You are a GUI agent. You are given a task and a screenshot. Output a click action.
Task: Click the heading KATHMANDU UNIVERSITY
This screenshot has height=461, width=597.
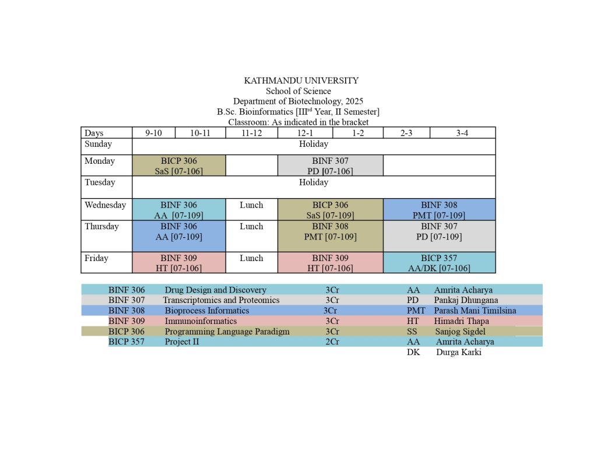[301, 80]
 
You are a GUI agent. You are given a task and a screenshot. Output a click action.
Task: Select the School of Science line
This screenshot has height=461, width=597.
[298, 91]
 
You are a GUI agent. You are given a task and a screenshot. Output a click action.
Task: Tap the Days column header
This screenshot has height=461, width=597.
[94, 133]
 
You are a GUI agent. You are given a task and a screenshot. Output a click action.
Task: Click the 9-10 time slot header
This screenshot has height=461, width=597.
[153, 133]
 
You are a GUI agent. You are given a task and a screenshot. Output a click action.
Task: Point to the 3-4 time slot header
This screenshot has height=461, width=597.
[462, 133]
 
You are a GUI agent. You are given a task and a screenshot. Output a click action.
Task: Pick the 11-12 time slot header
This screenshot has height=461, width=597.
[251, 133]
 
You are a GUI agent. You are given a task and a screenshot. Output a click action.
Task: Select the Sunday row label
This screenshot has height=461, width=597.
[99, 144]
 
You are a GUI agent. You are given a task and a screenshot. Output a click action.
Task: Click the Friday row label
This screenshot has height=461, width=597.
[96, 258]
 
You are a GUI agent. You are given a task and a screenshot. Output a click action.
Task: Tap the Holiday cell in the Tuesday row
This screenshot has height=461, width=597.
[313, 182]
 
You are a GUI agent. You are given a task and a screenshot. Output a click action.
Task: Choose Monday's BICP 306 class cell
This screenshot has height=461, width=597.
[178, 166]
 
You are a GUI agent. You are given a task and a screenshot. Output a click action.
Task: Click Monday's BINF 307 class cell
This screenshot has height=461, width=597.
[330, 166]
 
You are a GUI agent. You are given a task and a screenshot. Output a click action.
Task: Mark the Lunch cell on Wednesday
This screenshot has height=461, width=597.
[251, 205]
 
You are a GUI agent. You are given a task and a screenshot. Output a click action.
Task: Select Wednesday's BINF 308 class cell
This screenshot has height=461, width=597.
[439, 210]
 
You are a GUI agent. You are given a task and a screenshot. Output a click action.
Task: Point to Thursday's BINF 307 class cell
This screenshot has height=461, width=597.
[439, 231]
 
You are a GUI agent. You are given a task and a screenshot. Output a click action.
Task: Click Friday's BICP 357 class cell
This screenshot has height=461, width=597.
[439, 263]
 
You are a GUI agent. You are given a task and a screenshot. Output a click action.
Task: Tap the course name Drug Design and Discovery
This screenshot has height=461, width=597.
[215, 290]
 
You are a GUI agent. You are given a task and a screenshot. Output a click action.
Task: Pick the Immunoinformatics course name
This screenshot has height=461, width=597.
[201, 321]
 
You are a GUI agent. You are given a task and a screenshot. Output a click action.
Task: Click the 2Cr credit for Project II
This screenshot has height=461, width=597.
[332, 342]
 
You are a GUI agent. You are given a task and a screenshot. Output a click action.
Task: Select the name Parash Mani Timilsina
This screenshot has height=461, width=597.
[475, 311]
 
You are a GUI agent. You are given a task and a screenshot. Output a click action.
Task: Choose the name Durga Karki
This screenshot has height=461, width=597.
[458, 353]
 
